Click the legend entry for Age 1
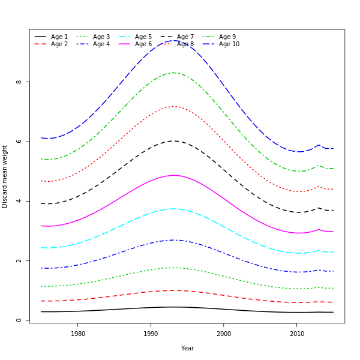tap(59, 37)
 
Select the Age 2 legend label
tap(59, 44)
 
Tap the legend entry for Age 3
tap(101, 37)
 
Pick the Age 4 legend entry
tap(101, 44)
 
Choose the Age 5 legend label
tap(143, 37)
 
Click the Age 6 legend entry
tap(143, 44)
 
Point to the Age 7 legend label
tap(185, 37)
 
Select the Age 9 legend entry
tap(227, 37)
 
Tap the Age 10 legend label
tap(229, 44)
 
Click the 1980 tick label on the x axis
tap(78, 334)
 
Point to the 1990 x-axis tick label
tap(151, 334)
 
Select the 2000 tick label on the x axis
tap(224, 334)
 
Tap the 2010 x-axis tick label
tap(296, 334)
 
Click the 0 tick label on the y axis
tap(19, 320)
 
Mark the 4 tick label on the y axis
tap(19, 201)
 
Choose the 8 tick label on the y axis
tap(19, 82)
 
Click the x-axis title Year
tap(187, 348)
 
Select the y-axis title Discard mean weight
tap(5, 176)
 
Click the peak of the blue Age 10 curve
tap(174, 40)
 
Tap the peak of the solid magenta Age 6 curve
tap(174, 175)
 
